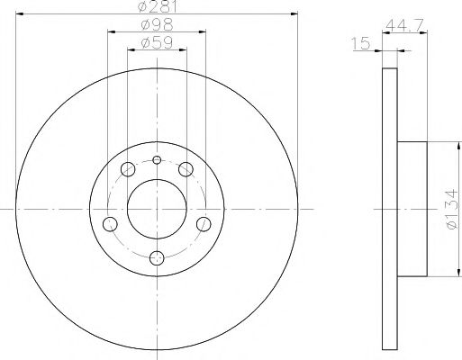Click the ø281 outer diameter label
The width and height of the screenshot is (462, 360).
(x=156, y=8)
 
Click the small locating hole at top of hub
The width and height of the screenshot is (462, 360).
(x=156, y=160)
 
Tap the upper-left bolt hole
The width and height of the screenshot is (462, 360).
(x=127, y=169)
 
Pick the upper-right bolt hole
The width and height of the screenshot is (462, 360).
(x=186, y=169)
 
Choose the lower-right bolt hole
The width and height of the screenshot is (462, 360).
(x=203, y=223)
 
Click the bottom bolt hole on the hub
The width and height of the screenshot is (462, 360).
(x=156, y=258)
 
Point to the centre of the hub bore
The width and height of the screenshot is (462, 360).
(x=156, y=208)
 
